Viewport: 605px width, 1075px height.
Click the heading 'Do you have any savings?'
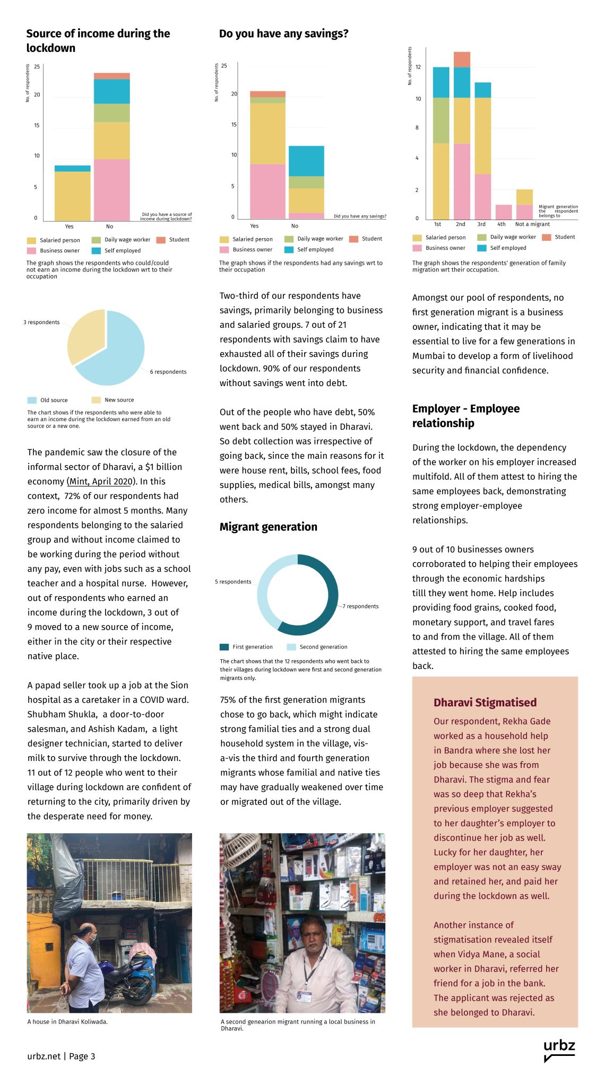point(283,34)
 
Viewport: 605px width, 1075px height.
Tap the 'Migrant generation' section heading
point(268,527)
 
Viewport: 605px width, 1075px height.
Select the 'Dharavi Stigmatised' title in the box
point(485,702)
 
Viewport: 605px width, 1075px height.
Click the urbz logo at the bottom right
point(559,1050)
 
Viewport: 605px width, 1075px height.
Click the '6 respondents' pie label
point(168,372)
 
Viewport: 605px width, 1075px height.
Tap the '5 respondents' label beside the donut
point(233,582)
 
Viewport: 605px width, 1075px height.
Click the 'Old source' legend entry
point(54,400)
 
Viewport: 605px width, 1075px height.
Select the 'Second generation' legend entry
point(323,647)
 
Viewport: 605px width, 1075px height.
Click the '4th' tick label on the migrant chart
point(502,224)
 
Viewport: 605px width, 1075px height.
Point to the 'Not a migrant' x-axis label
point(532,224)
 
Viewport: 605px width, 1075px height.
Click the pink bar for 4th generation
point(503,212)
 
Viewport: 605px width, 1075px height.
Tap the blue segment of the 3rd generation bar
point(482,90)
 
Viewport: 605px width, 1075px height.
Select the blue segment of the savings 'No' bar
point(306,161)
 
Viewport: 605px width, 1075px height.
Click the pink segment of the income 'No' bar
point(111,190)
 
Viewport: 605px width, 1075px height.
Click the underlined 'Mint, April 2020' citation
point(100,482)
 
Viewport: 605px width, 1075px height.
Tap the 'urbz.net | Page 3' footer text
point(61,1056)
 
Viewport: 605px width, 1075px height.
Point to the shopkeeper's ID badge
point(304,997)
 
